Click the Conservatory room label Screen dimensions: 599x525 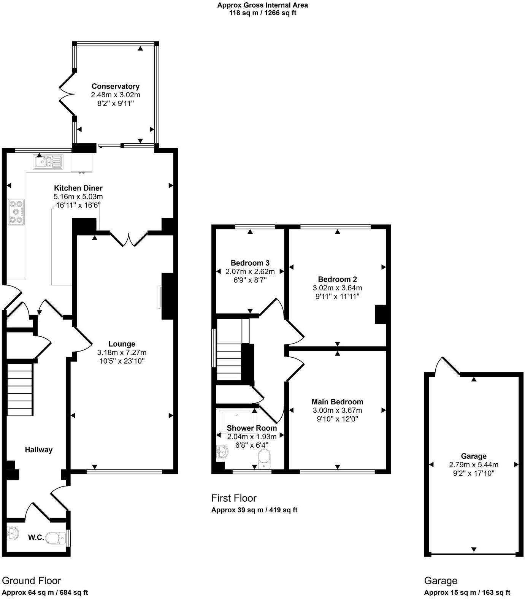coord(115,86)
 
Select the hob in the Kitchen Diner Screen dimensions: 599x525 coord(16,212)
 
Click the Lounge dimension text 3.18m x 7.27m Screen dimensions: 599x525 coord(122,352)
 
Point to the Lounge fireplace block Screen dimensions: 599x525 coord(167,296)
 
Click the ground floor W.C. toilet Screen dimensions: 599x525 coord(56,538)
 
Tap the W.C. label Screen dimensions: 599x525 coord(36,538)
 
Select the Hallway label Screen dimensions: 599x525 coord(38,450)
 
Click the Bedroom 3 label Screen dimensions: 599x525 coord(250,263)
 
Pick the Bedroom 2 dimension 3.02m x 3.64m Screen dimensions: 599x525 coord(337,288)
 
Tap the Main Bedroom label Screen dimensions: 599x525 coord(337,402)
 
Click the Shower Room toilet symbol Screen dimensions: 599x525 coord(264,459)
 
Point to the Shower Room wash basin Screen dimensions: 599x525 coord(222,452)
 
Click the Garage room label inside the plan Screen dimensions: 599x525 coord(473,456)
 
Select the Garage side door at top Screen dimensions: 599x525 coord(447,366)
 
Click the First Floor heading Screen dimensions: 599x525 coord(234,498)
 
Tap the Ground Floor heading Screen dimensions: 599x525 coord(32,581)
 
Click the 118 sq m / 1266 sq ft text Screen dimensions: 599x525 coord(262,13)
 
